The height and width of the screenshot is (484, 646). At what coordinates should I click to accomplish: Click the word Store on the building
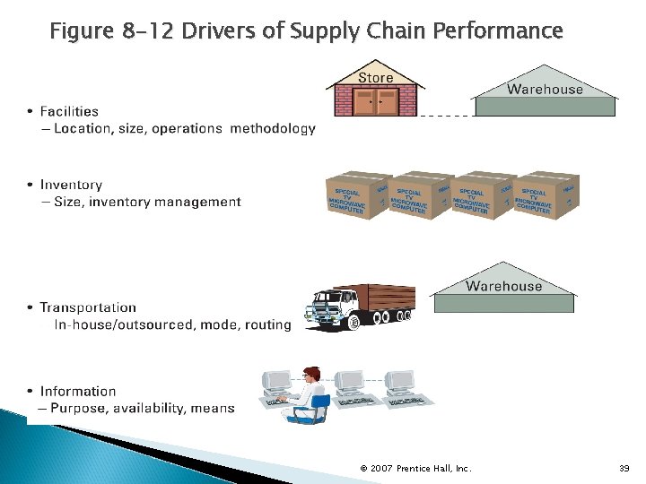[x=376, y=77]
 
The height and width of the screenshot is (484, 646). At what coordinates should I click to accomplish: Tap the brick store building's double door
[x=376, y=104]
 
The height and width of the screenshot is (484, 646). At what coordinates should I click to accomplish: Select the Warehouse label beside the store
[x=545, y=89]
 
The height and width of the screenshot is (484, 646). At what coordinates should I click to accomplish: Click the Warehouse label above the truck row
[x=503, y=286]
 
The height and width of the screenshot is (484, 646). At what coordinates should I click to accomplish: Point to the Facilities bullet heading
[x=69, y=111]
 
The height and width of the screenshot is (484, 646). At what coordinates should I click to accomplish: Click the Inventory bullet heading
[x=71, y=185]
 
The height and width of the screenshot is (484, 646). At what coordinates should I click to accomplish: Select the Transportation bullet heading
[x=88, y=307]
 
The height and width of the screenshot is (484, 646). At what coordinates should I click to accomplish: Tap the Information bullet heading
[x=78, y=391]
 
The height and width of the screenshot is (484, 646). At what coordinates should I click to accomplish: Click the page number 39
[x=624, y=468]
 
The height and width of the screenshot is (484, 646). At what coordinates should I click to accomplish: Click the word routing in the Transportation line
[x=267, y=324]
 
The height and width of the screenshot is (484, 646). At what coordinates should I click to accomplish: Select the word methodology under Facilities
[x=273, y=128]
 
